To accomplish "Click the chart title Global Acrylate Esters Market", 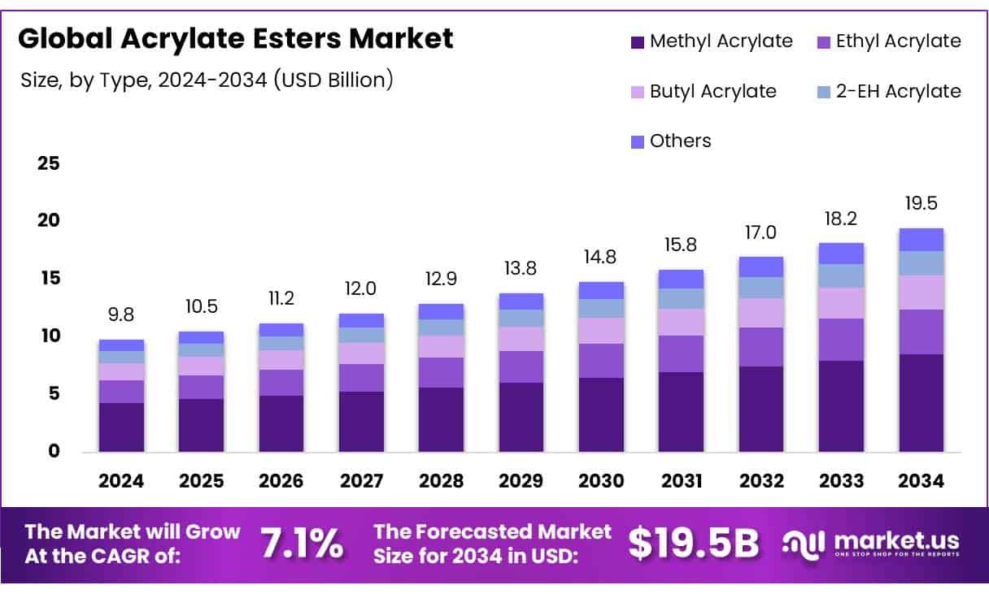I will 236,38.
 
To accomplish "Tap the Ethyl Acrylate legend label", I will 898,41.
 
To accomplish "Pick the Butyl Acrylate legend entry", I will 712,91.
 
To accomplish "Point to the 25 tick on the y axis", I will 49,163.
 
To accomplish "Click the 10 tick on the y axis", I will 49,336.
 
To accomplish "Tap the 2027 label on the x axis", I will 361,481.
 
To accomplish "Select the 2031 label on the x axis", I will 681,481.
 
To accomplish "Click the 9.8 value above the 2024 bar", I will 121,314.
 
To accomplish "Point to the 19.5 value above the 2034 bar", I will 921,203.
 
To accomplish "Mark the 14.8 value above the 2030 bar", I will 600,257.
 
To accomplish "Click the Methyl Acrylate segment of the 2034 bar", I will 921,402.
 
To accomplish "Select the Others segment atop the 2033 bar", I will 841,254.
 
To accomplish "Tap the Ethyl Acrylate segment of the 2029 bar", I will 521,366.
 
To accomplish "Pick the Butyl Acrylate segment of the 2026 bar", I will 281,359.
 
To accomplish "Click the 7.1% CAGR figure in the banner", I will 302,544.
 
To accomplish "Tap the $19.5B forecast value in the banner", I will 694,544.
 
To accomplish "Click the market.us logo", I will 870,544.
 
